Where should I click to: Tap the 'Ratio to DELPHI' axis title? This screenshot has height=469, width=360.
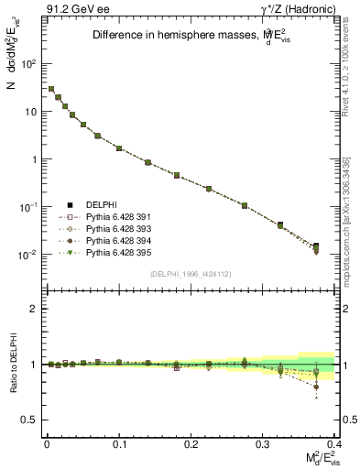pyautogui.click(x=12, y=365)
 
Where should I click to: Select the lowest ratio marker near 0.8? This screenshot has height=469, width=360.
pyautogui.click(x=316, y=387)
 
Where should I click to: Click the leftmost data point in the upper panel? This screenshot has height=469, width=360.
pyautogui.click(x=51, y=89)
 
